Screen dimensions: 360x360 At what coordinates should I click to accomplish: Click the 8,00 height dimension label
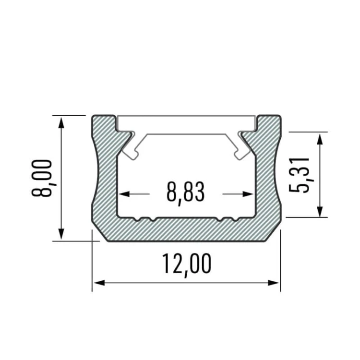[x=42, y=178]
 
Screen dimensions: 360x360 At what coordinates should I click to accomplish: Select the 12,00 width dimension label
[x=187, y=265]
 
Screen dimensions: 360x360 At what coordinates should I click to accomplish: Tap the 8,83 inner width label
[x=185, y=193]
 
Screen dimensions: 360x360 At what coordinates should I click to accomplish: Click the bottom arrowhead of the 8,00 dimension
[x=61, y=234]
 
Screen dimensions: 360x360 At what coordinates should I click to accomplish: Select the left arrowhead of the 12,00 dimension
[x=99, y=283]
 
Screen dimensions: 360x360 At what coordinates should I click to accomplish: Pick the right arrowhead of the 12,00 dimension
[x=274, y=283]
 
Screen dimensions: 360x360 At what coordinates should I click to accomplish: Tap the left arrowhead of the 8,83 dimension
[x=124, y=194]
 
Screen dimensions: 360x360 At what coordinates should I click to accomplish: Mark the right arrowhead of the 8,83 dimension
[x=248, y=194]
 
